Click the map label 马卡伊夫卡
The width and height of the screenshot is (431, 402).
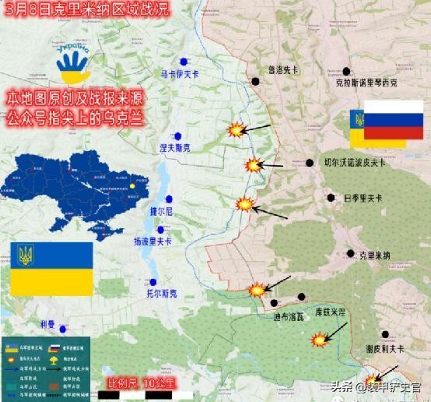(x=180, y=75)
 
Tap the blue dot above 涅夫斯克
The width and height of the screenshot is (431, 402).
(x=178, y=134)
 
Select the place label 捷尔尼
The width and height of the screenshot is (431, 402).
(x=161, y=212)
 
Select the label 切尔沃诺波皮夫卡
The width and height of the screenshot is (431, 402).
(x=355, y=163)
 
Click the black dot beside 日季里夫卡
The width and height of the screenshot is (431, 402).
(x=332, y=198)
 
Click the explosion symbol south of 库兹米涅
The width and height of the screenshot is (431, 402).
(x=319, y=340)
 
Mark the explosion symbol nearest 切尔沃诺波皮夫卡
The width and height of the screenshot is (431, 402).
(x=253, y=165)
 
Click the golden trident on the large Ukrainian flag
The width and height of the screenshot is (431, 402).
(x=26, y=255)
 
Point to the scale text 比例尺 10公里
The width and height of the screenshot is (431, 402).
(x=142, y=383)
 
